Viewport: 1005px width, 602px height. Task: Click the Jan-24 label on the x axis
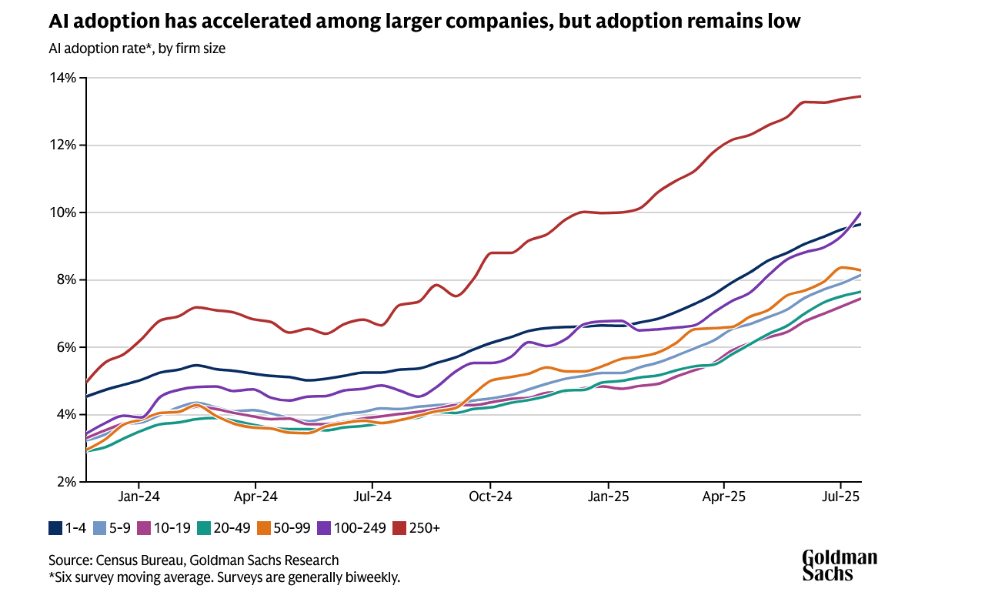click(x=139, y=497)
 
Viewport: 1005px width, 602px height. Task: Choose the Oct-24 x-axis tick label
click(x=490, y=497)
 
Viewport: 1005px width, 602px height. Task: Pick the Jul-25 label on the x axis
click(x=840, y=497)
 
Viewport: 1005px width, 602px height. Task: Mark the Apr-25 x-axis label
click(x=724, y=497)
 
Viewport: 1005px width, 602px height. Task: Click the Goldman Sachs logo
click(x=840, y=565)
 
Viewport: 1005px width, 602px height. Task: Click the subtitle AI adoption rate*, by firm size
click(x=136, y=48)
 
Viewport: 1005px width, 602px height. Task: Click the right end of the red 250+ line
click(x=860, y=96)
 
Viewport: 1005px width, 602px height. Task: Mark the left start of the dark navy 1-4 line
click(x=87, y=396)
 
